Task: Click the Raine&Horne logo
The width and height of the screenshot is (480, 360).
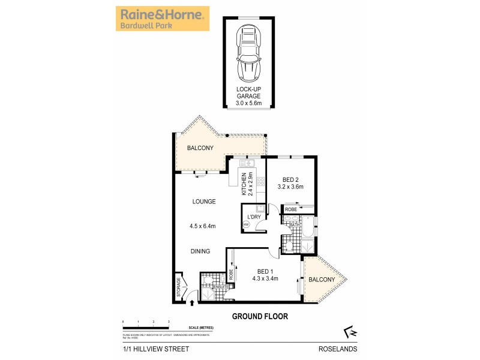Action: point(163,19)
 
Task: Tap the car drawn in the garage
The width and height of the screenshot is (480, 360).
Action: point(249,54)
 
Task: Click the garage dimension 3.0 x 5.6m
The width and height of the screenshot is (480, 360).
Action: point(249,103)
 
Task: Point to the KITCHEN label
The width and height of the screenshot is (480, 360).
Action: point(244,184)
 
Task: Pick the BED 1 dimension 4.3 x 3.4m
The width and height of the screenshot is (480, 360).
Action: point(265,278)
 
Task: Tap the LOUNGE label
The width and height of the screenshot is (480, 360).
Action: point(204,202)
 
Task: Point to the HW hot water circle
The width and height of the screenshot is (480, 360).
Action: point(246,225)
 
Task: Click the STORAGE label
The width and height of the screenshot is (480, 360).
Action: point(178,287)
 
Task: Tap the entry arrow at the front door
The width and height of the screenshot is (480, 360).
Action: point(192,303)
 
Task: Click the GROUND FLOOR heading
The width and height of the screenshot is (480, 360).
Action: point(260,316)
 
